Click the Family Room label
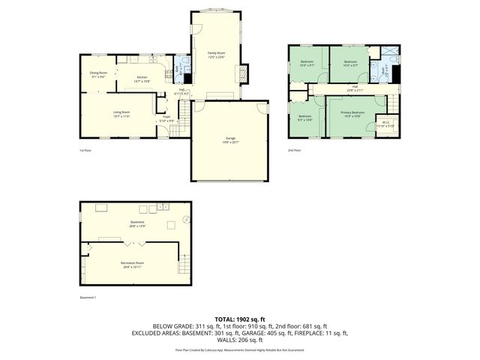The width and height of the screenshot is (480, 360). [216, 55]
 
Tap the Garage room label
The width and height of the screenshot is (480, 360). [230, 139]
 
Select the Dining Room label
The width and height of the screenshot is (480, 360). [98, 74]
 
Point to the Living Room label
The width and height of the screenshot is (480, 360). [121, 115]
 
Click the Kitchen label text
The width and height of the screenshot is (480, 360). [142, 79]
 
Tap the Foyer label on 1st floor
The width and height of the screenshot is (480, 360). [166, 118]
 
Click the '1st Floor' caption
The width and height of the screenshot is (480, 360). [85, 150]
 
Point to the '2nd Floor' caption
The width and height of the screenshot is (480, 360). [295, 150]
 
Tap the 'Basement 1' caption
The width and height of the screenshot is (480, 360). [88, 297]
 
